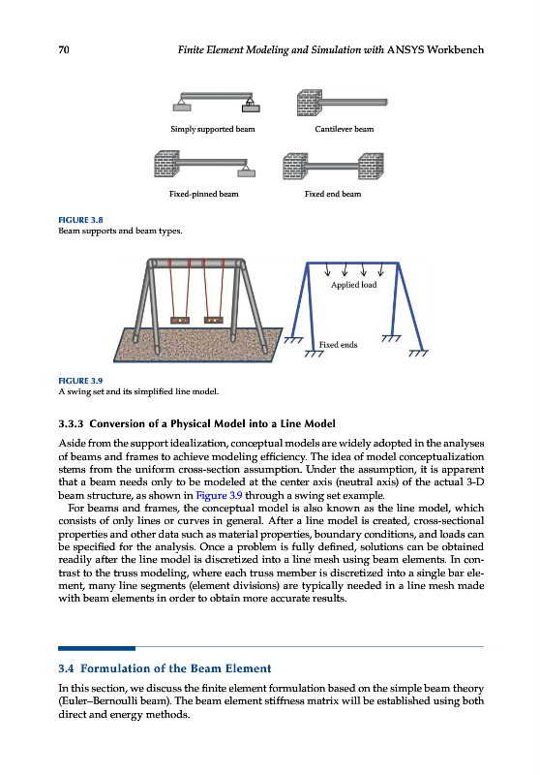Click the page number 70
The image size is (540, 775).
(x=64, y=49)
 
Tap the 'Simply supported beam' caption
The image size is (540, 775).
(x=213, y=129)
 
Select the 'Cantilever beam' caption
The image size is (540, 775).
(x=345, y=129)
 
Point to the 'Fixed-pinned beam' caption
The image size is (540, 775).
(x=204, y=194)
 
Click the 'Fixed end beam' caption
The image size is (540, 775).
(x=333, y=194)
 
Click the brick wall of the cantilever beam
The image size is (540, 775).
(x=310, y=103)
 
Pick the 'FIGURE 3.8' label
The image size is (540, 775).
(x=80, y=220)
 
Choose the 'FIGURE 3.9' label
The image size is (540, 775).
(x=80, y=381)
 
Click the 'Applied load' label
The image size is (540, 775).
(x=353, y=285)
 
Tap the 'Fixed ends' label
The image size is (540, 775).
(x=338, y=345)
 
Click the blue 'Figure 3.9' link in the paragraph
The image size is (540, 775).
(x=219, y=495)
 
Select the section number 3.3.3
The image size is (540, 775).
(x=71, y=423)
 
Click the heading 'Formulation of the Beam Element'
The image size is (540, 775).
(x=176, y=668)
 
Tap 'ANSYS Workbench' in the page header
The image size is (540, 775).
(x=435, y=49)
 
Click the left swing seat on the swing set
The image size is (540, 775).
(x=179, y=320)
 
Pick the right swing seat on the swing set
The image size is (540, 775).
(x=213, y=320)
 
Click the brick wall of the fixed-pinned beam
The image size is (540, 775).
(x=166, y=164)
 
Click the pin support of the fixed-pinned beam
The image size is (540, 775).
(x=247, y=170)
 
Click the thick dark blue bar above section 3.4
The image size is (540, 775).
(x=97, y=648)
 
